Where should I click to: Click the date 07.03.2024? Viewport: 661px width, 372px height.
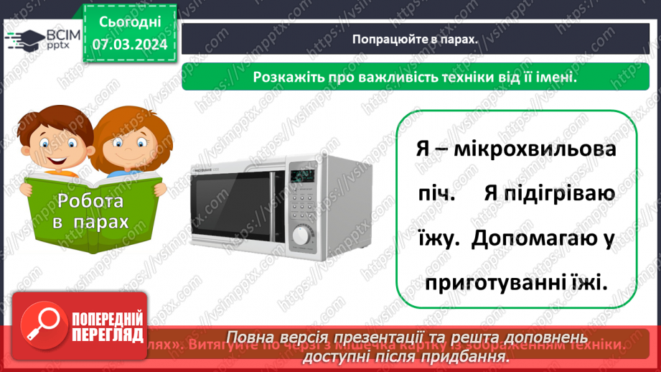[x=131, y=45]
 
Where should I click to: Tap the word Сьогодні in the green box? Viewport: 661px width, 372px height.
[x=131, y=24]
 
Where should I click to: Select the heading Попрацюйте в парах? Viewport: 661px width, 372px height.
[x=415, y=40]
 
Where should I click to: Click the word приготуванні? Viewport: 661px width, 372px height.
[x=489, y=284]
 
